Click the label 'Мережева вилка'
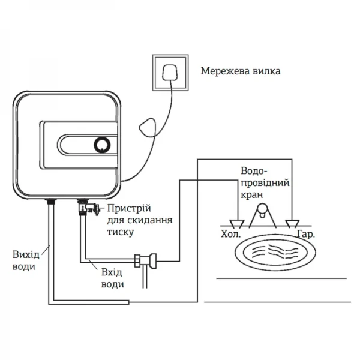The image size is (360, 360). coord(241,71)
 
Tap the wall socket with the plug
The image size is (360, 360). coord(172,72)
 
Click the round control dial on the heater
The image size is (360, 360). coord(101,145)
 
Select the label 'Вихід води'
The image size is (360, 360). coord(25,260)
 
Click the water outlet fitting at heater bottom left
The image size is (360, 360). coord(50,202)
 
